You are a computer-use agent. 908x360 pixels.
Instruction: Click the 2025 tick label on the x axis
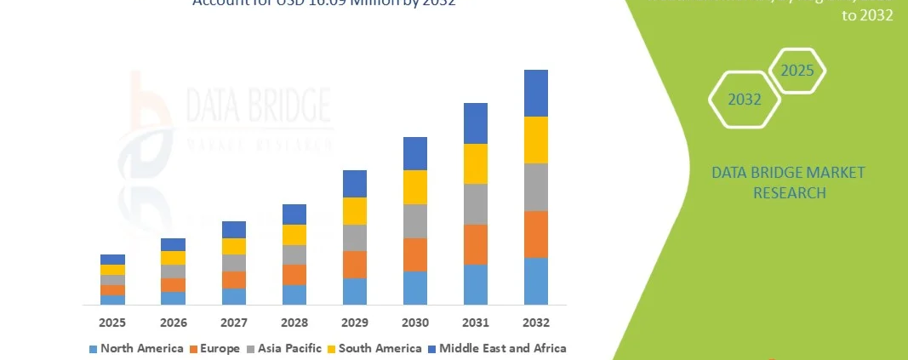click(112, 323)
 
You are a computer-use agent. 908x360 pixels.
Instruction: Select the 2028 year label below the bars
click(294, 323)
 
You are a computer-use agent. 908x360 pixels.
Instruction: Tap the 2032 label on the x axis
click(536, 323)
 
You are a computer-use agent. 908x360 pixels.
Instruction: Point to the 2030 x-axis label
click(415, 323)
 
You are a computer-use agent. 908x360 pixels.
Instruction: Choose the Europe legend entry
click(219, 348)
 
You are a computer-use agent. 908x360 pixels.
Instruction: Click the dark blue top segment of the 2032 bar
click(536, 93)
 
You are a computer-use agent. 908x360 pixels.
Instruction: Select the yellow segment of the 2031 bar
click(476, 163)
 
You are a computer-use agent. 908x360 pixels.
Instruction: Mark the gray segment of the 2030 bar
click(415, 221)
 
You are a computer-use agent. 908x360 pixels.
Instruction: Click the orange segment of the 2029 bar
click(355, 265)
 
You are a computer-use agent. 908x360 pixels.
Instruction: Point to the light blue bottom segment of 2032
click(536, 281)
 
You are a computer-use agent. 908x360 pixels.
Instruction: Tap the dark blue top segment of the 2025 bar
click(112, 260)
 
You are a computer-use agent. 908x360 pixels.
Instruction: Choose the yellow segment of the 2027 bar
click(234, 246)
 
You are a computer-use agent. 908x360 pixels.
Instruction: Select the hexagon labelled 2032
click(745, 100)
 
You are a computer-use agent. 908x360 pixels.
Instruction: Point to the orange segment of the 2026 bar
click(173, 285)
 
